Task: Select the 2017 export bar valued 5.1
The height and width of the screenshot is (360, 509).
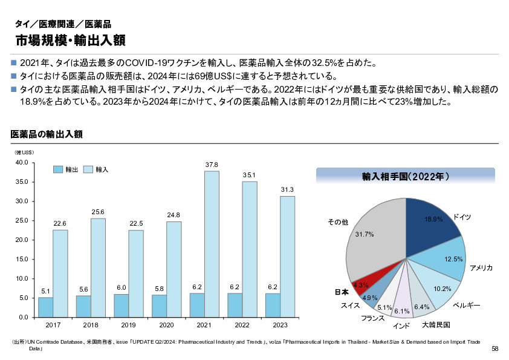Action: tap(45, 307)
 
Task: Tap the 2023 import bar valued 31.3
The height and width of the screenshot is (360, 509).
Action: tap(287, 257)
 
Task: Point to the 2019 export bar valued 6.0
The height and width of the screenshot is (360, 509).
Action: tap(121, 306)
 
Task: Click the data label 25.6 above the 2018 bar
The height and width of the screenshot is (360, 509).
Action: tap(98, 212)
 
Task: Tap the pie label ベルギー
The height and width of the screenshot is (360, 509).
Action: tap(466, 306)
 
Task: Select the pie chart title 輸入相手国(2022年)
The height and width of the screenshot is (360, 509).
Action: tap(405, 177)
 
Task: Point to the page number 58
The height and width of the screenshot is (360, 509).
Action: tap(494, 349)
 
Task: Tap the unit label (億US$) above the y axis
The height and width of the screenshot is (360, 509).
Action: tap(24, 152)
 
